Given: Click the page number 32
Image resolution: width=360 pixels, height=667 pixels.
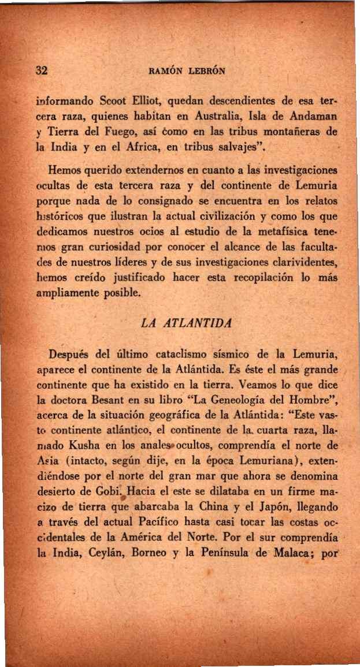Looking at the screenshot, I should [41, 71].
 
